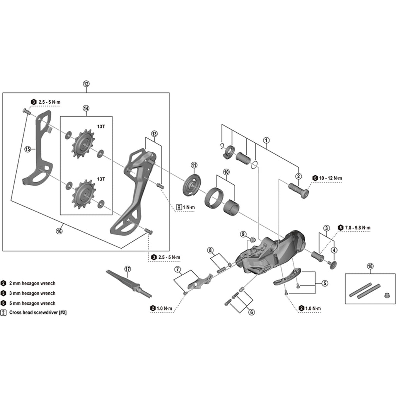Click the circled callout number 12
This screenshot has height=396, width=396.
click(x=86, y=84)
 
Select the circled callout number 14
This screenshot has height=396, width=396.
click(x=86, y=109)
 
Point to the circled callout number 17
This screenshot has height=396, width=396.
click(x=128, y=269)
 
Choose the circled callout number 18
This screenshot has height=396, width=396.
click(x=370, y=266)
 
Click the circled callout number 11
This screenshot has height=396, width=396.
click(x=194, y=166)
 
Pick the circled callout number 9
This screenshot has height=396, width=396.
click(x=243, y=234)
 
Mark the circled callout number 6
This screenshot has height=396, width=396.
click(x=252, y=312)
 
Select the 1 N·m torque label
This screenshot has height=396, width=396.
click(x=189, y=207)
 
